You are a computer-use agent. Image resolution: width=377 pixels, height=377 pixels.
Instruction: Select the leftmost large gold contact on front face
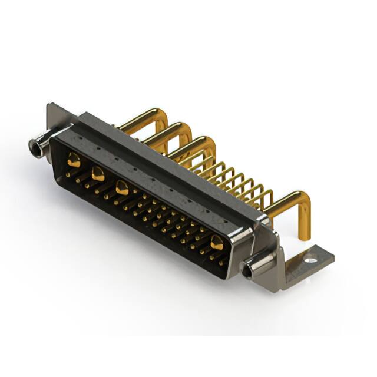coord(74,159)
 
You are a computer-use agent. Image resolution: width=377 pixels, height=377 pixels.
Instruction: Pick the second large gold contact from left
coord(98,173)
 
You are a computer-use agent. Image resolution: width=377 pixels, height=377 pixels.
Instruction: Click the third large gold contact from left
coord(123,188)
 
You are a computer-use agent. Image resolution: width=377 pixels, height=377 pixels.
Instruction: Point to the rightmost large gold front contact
coord(217,242)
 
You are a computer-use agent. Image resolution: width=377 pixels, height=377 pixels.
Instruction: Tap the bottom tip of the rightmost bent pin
coord(304,236)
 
